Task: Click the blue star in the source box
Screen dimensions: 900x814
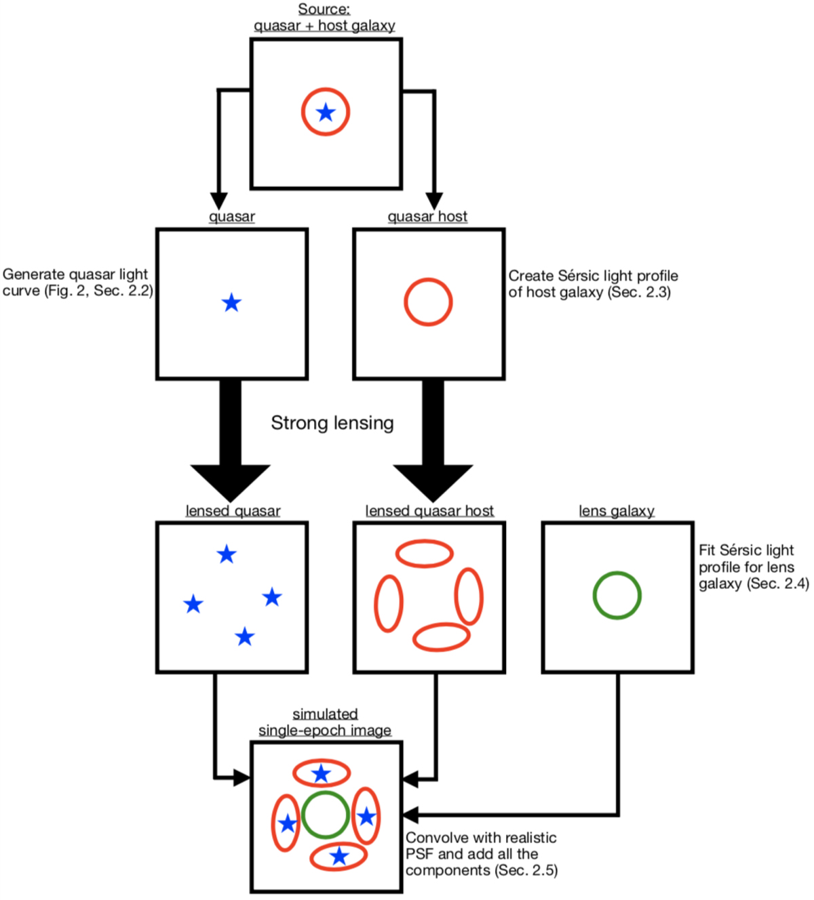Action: (326, 112)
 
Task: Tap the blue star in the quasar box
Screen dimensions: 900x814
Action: (232, 303)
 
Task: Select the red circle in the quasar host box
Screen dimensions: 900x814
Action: (428, 302)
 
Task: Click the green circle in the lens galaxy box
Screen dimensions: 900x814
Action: (617, 595)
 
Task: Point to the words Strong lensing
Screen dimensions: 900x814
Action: (332, 423)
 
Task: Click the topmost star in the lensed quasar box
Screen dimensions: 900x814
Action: (227, 555)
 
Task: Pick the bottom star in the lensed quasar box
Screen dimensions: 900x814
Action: (244, 637)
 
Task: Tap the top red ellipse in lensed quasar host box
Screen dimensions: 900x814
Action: (425, 554)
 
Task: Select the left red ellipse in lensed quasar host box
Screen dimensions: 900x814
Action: (389, 603)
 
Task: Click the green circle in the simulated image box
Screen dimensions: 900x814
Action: (326, 815)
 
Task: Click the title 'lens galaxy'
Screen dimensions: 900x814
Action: (617, 511)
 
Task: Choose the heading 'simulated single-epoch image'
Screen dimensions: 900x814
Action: (325, 722)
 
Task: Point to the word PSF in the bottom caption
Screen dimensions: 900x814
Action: (420, 854)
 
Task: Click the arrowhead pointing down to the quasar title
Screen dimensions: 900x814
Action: (218, 201)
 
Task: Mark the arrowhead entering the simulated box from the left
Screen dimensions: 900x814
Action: (241, 777)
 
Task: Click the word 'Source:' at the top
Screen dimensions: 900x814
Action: (324, 9)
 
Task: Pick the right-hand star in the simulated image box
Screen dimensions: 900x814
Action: (366, 817)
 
